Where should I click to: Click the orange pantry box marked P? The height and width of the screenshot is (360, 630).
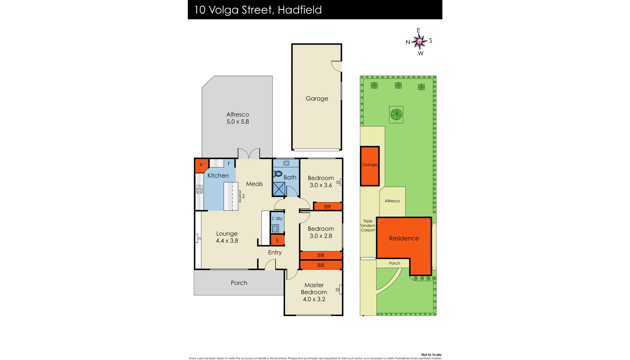[x=201, y=165]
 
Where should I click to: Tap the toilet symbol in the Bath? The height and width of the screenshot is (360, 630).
[x=278, y=174]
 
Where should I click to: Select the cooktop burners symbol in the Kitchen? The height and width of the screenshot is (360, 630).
[x=199, y=189]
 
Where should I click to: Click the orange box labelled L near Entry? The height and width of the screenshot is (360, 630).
[x=277, y=240]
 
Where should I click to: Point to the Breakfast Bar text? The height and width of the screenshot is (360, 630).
[x=241, y=196]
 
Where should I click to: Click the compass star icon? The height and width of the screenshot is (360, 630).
[x=420, y=42]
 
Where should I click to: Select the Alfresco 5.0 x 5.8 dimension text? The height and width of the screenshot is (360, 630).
[x=238, y=122]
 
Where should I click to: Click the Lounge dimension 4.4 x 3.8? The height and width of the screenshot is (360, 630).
[x=227, y=241]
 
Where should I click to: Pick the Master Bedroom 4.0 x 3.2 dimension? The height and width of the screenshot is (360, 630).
[x=314, y=299]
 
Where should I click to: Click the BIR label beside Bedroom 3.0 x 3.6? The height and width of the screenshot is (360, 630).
[x=327, y=207]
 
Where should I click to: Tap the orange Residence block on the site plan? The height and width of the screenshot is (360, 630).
[x=404, y=238]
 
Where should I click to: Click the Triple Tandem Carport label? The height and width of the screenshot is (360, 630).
[x=368, y=226]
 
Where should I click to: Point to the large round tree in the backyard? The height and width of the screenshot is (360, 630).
[x=396, y=115]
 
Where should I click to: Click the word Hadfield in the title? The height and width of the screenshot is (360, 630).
[x=300, y=10]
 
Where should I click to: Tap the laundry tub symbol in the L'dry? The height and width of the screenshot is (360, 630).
[x=275, y=229]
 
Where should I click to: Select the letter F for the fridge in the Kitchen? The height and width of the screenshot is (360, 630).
[x=229, y=164]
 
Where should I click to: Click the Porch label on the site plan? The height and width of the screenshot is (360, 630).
[x=394, y=263]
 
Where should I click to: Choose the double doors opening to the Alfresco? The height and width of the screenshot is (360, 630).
[x=249, y=154]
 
